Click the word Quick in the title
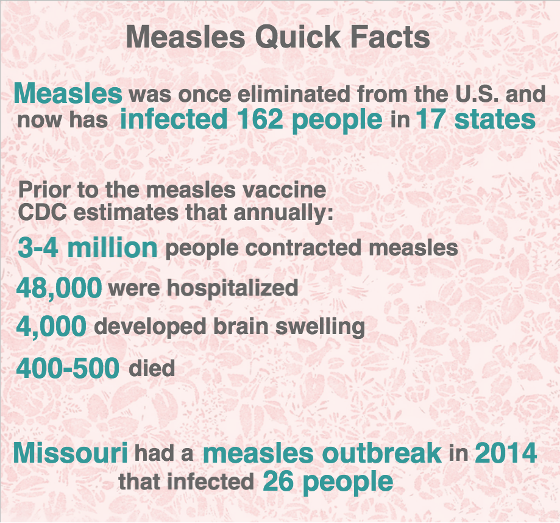point(297,38)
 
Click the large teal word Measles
point(68,93)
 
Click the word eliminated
point(294,94)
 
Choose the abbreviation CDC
point(43,213)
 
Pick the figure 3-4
point(38,247)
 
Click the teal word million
point(112,247)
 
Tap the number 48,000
point(59,288)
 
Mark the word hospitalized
point(233,288)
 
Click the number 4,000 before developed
point(51,327)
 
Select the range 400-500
point(68,368)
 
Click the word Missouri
point(70,453)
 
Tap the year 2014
point(506,453)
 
